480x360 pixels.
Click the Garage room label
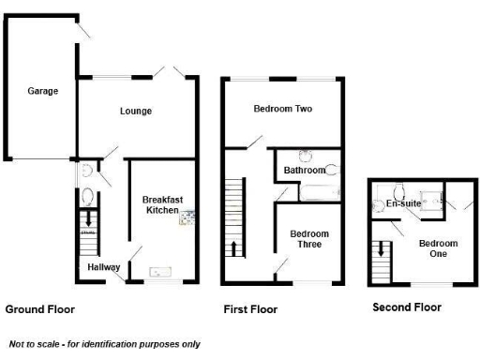(x=42, y=91)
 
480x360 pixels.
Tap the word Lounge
(x=136, y=112)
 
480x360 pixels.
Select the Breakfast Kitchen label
(x=160, y=204)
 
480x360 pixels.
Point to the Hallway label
(x=103, y=267)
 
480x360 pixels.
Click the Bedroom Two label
(x=282, y=109)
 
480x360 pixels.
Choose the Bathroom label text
(x=306, y=171)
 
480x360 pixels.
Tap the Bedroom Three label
(x=306, y=239)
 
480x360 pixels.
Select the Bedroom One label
(x=439, y=248)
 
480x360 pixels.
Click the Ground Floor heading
(x=40, y=308)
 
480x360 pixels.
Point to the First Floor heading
(x=250, y=308)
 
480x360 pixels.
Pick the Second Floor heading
(x=407, y=307)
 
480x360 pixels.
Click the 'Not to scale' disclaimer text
(x=104, y=343)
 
